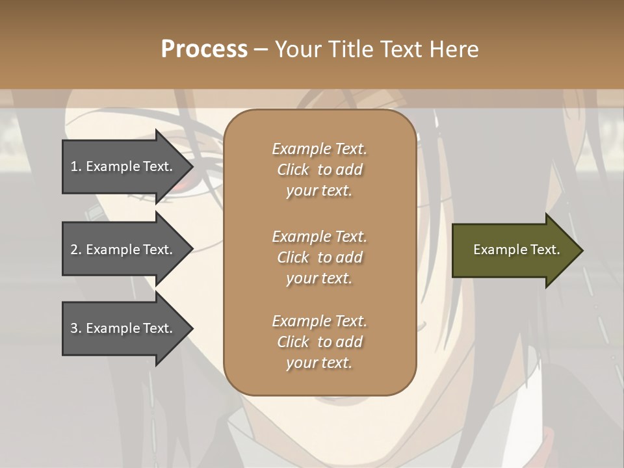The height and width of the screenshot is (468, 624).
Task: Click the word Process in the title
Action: coord(204,49)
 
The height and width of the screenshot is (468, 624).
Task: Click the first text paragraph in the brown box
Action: coord(319,170)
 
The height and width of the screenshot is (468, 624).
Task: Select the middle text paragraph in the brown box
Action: coord(319,257)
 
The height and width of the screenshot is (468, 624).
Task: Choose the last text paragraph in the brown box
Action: coord(319,342)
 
